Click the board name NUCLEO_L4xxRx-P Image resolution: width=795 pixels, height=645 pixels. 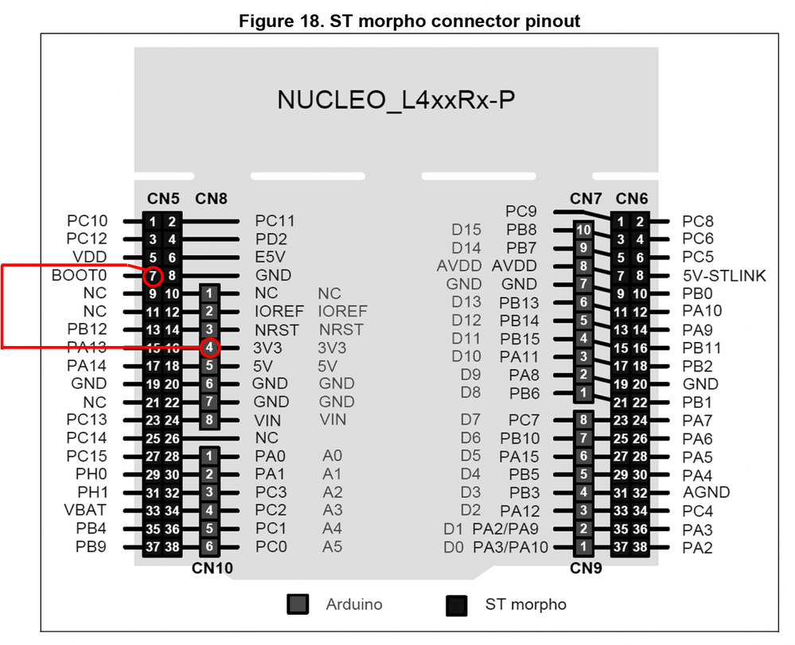[396, 100]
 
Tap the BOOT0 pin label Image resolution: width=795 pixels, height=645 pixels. [79, 275]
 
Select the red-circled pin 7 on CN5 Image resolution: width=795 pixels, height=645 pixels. [154, 275]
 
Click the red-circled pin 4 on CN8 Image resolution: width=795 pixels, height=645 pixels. [208, 348]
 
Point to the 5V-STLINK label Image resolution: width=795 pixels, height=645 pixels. [723, 275]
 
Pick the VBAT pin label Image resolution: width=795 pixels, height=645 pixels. [90, 510]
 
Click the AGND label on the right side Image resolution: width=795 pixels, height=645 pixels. [706, 492]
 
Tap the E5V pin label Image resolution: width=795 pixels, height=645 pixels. [271, 257]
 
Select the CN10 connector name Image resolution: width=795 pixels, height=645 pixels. [212, 568]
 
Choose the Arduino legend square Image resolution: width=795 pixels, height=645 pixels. [298, 604]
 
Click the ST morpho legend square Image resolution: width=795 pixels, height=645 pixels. [457, 604]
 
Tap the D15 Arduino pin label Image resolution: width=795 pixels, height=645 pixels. [466, 230]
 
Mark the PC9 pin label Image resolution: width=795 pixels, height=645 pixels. [521, 212]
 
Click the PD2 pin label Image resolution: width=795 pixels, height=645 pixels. [271, 239]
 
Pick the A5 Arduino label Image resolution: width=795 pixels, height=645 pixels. [332, 546]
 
